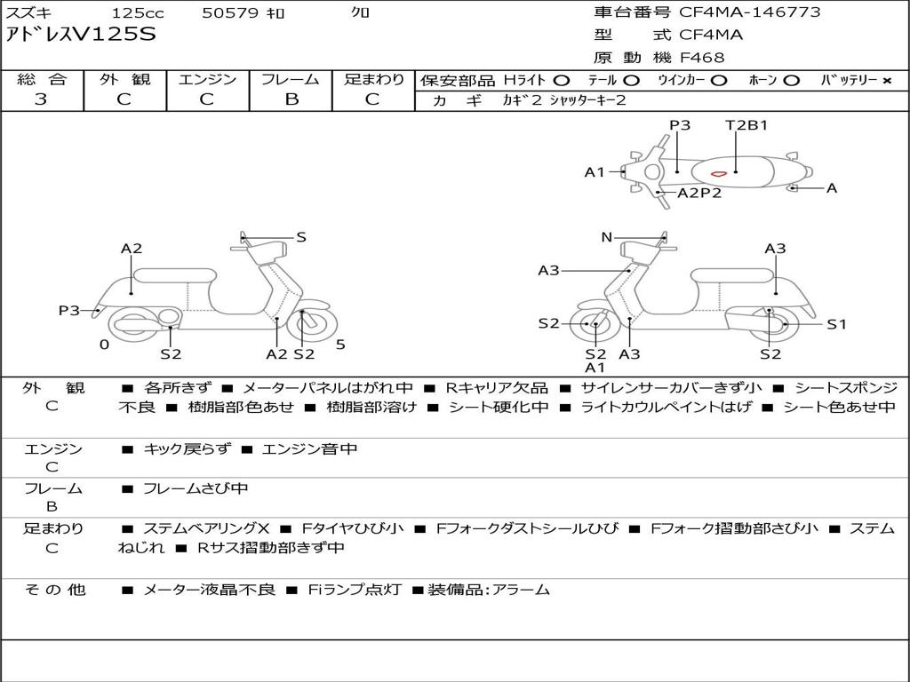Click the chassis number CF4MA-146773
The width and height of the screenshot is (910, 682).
pyautogui.click(x=750, y=12)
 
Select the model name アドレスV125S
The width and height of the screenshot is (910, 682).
pyautogui.click(x=81, y=35)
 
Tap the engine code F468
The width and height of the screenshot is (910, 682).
pyautogui.click(x=702, y=58)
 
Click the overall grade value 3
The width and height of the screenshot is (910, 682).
pyautogui.click(x=41, y=99)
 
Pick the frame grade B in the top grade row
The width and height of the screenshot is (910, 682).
pyautogui.click(x=291, y=99)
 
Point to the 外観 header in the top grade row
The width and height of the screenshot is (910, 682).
pyautogui.click(x=124, y=79)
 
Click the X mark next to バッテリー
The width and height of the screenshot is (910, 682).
pyautogui.click(x=887, y=81)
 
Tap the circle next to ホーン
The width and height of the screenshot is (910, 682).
pyautogui.click(x=791, y=81)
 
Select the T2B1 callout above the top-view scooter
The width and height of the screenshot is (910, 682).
pyautogui.click(x=746, y=125)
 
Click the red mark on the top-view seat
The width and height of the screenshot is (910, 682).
pyautogui.click(x=719, y=173)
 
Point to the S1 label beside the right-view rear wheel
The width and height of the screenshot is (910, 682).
pyautogui.click(x=836, y=324)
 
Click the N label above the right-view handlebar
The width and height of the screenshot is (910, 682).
pyautogui.click(x=606, y=237)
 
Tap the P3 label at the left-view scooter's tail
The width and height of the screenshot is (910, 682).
pyautogui.click(x=69, y=310)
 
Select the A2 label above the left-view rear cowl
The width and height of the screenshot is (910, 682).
pyautogui.click(x=132, y=249)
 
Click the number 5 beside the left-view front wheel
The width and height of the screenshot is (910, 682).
pyautogui.click(x=340, y=345)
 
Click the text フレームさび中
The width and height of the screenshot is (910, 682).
pyautogui.click(x=196, y=489)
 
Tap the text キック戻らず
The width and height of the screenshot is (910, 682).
pyautogui.click(x=187, y=448)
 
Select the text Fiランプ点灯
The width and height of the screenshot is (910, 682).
pyautogui.click(x=355, y=590)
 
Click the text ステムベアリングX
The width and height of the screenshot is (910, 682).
pyautogui.click(x=206, y=528)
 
